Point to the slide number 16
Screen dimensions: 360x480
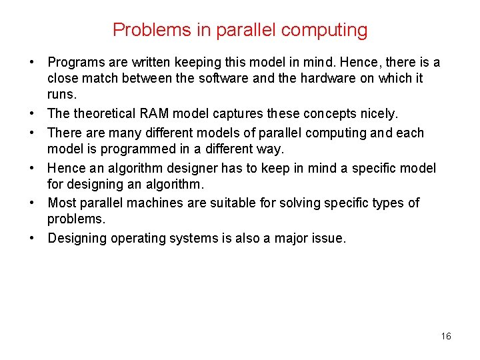point(446,336)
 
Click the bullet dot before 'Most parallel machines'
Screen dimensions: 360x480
point(31,203)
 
